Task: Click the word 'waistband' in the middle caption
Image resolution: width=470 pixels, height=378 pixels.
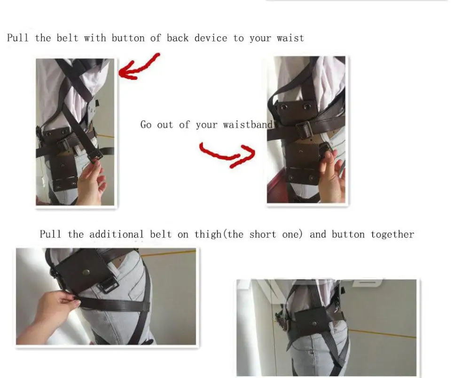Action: (x=248, y=125)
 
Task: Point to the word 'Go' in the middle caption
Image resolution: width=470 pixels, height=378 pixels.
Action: (x=146, y=125)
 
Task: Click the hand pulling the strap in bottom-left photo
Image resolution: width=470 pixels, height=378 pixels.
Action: (x=52, y=308)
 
